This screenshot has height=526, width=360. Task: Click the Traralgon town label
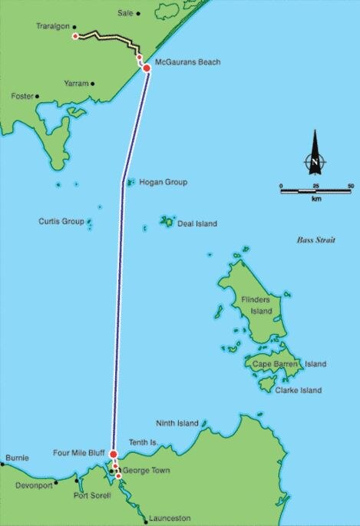coord(51,26)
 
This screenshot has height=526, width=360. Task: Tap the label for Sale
coord(125,14)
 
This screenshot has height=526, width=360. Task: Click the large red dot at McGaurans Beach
coord(146,68)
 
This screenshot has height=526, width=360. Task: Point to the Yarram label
coord(76,82)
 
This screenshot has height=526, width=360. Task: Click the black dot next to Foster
coord(37,97)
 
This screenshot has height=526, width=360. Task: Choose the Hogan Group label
coord(163,182)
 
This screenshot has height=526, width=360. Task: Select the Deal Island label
coord(197,224)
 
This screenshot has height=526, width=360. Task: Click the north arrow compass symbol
coord(313,157)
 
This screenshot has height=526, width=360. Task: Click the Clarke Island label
coord(299,390)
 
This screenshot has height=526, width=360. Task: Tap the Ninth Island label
coord(177,423)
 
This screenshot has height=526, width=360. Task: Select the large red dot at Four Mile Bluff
coord(113,454)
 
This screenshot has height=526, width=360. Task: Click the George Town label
coord(145,470)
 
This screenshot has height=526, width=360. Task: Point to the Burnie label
coord(17,458)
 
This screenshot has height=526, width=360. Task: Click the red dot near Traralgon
coord(74,36)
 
